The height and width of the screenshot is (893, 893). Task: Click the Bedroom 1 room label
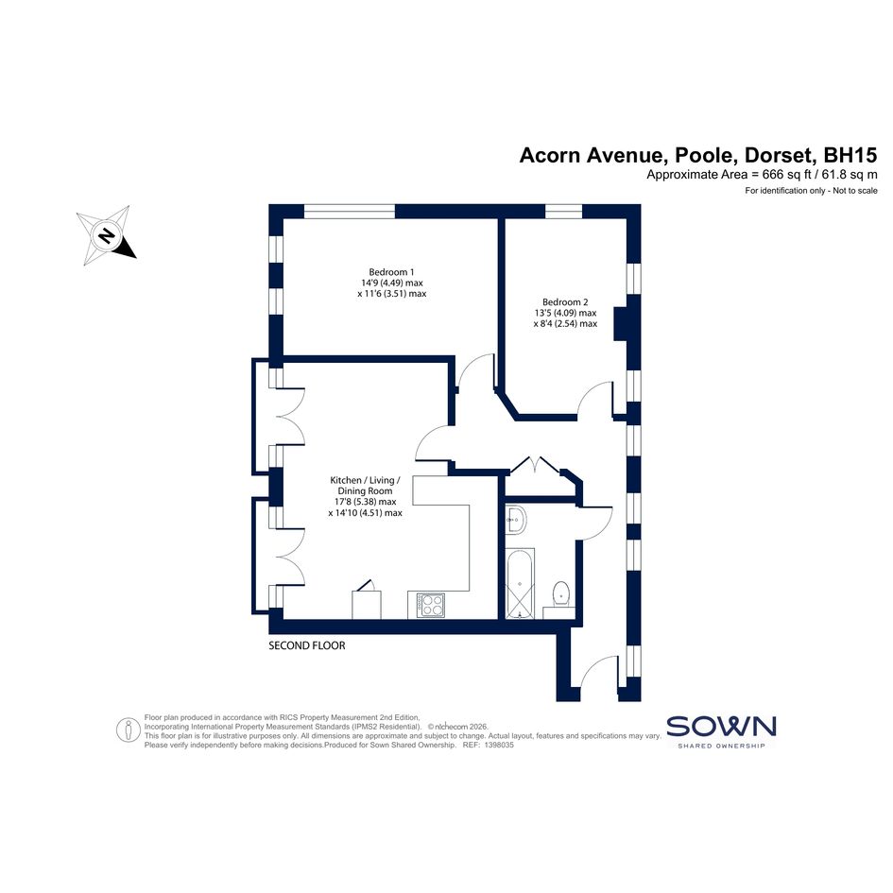click(391, 272)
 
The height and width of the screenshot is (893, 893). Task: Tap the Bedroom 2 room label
click(565, 302)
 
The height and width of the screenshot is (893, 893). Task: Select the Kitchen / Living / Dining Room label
click(365, 486)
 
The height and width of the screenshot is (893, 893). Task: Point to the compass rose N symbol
click(106, 235)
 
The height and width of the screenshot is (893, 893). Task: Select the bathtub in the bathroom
click(520, 583)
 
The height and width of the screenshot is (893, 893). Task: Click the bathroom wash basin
click(515, 520)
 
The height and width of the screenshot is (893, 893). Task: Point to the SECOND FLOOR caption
click(307, 645)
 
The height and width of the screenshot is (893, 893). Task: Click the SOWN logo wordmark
click(721, 727)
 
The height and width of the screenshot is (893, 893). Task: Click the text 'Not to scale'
click(855, 191)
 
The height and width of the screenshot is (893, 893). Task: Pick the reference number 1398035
click(499, 745)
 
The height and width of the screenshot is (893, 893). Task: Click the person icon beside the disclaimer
click(129, 730)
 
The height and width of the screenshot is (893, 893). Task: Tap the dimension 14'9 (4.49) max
click(392, 283)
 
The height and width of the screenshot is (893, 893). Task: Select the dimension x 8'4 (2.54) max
click(565, 323)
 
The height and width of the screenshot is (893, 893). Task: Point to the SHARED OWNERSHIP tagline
click(721, 746)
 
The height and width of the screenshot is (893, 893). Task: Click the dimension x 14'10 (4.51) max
click(365, 512)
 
